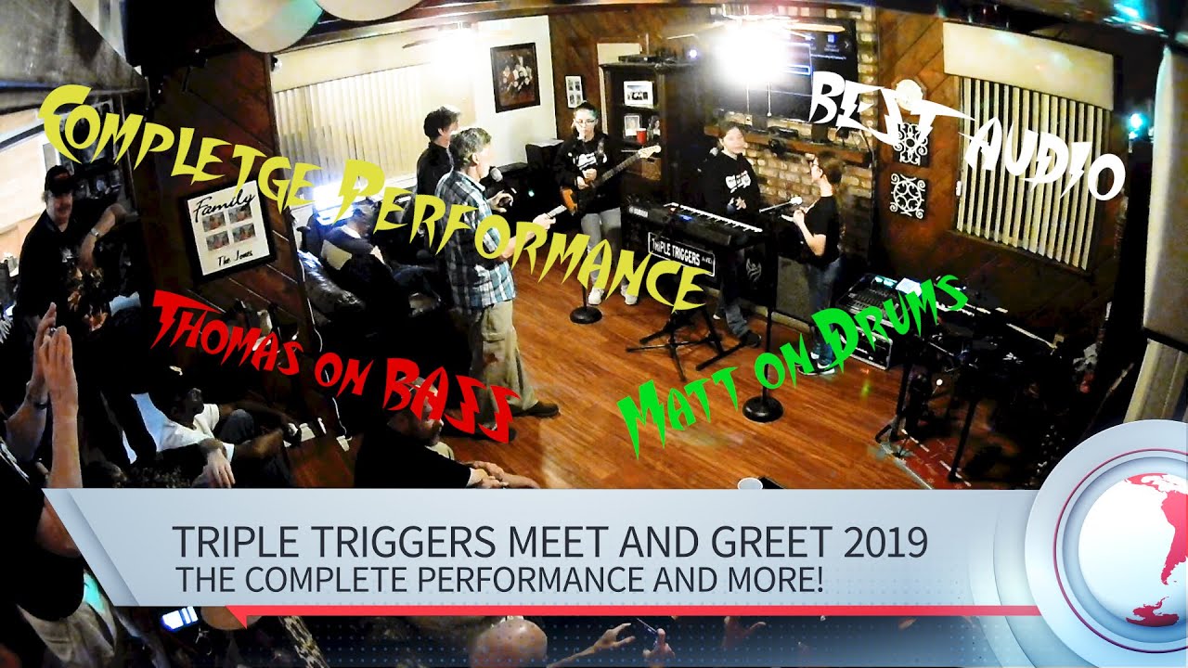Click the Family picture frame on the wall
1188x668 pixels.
[x=228, y=233]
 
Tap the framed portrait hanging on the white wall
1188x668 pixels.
[x=515, y=76]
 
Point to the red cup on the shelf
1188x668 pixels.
[x=640, y=135]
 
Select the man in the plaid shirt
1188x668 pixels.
[x=478, y=260]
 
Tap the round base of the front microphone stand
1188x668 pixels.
[x=763, y=408]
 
